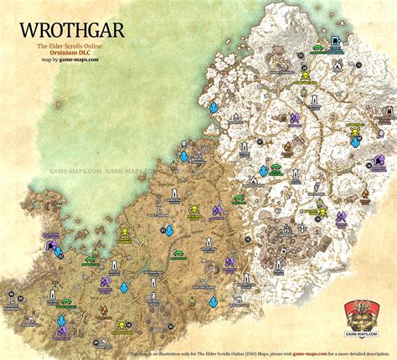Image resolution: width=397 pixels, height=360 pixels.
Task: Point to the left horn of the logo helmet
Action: click(351, 306)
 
